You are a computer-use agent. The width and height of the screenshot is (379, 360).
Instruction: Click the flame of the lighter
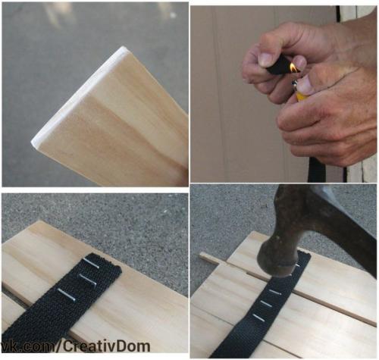point(293,67)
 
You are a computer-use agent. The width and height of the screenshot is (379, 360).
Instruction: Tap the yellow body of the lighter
point(302,95)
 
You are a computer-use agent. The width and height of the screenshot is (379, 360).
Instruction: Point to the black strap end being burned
point(279,65)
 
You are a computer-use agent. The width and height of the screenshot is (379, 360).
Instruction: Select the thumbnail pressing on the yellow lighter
point(306,84)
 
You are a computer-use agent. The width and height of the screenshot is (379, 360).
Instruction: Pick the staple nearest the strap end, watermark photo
point(91,263)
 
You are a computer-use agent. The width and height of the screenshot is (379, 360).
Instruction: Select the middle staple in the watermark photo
point(88,280)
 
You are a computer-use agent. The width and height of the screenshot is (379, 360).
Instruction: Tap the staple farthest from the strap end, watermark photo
point(67,295)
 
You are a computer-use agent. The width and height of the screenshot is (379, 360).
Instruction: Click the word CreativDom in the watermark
point(106,346)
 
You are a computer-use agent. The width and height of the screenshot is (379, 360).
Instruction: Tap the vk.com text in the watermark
point(28,346)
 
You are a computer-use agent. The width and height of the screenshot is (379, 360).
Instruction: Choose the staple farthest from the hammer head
point(258,318)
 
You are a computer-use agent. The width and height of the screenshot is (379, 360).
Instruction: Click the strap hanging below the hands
point(313,170)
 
